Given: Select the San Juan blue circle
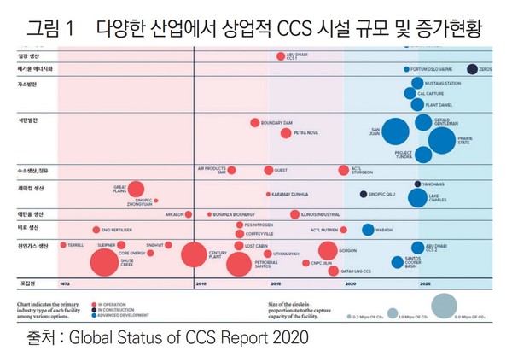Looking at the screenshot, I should point(395,131).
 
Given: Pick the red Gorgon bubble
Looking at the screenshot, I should point(328,250).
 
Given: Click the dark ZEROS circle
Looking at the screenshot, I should point(472,69).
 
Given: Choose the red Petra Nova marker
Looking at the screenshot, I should point(286,133).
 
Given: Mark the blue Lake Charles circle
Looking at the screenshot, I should point(416,199).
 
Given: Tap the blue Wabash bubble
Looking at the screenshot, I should point(368,229).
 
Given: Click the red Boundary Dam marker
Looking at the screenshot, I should point(254,123).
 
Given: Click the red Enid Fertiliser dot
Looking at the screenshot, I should point(96,230).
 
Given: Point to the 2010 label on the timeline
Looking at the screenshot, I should point(201,282).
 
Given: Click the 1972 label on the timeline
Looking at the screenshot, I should point(65,282).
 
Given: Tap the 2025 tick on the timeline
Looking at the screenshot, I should point(424,282).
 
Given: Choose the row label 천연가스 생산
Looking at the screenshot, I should point(34,245).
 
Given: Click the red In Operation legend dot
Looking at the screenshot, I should point(97,303).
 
